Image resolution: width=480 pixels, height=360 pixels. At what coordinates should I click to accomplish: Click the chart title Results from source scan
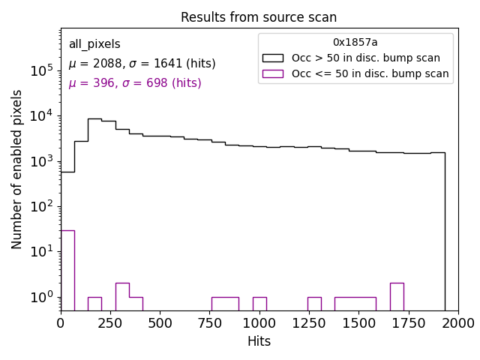tap(259, 17)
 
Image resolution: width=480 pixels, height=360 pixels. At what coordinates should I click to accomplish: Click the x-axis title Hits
tap(259, 341)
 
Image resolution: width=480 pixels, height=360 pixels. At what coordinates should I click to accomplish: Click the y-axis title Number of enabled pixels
tap(17, 169)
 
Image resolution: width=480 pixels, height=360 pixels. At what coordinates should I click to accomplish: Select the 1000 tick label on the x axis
tap(259, 322)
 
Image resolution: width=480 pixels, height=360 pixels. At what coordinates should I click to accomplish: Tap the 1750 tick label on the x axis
tap(408, 322)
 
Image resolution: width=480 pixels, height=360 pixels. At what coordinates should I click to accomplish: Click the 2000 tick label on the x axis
tap(457, 322)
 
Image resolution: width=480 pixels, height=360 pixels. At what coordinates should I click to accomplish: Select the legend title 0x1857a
tap(355, 43)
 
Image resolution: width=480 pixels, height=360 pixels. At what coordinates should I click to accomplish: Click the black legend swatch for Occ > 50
tap(272, 58)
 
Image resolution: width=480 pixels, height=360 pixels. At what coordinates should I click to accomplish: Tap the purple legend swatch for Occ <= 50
tap(272, 73)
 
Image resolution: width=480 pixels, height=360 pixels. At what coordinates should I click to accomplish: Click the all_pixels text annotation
tap(94, 44)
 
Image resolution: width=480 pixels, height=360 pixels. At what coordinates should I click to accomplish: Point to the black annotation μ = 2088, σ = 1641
tap(142, 64)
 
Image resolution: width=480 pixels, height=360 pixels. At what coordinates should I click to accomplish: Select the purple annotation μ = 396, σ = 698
tap(135, 83)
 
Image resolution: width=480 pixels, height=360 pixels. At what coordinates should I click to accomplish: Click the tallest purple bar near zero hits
tap(67, 270)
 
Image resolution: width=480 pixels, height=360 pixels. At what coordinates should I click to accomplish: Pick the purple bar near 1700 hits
tap(397, 296)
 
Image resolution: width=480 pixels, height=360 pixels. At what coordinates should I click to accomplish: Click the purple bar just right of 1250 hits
tap(314, 304)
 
